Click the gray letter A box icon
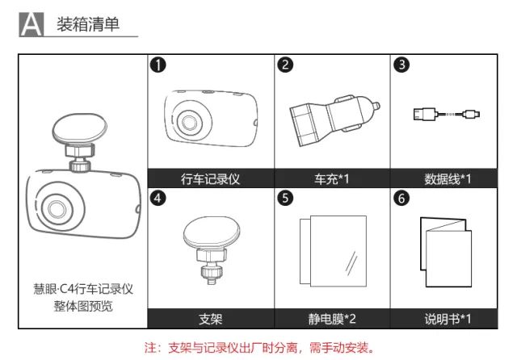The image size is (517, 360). [x=32, y=24]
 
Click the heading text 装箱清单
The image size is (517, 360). [x=88, y=24]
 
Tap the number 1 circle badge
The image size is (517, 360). [x=158, y=65]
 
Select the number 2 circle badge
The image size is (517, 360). [x=285, y=65]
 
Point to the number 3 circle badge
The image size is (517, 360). [x=401, y=65]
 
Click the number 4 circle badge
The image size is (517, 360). [x=158, y=199]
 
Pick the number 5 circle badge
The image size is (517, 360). [x=285, y=199]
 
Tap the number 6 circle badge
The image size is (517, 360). [x=401, y=199]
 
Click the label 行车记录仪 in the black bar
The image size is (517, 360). [x=210, y=179]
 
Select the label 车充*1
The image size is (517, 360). [x=332, y=179]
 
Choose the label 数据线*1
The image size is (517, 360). [x=448, y=179]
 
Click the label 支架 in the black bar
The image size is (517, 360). [x=210, y=319]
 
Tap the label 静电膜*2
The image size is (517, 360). [x=332, y=319]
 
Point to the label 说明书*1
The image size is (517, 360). [x=448, y=319]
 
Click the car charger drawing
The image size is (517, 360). [x=334, y=120]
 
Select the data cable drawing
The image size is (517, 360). [x=447, y=115]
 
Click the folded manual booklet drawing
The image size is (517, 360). [x=446, y=252]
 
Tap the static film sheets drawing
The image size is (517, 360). [x=333, y=251]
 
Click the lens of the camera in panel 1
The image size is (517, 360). [x=189, y=123]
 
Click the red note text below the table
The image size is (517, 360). [x=259, y=347]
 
